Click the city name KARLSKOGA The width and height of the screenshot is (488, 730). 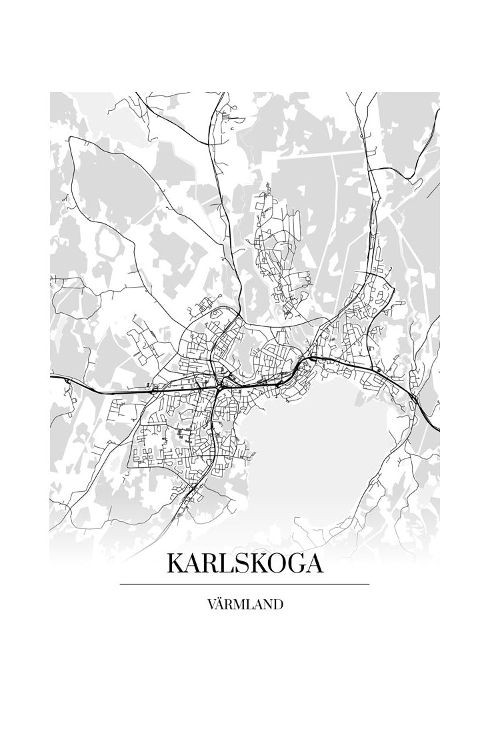(245, 563)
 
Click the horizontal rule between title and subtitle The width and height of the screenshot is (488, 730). (245, 585)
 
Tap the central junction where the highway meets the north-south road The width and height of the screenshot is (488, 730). (219, 386)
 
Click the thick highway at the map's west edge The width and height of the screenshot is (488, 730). (63, 379)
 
